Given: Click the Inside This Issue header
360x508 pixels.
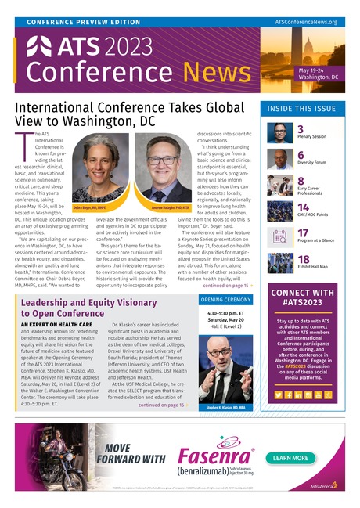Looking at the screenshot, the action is pyautogui.click(x=302, y=109).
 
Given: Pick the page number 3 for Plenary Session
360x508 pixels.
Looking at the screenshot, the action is pyautogui.click(x=301, y=128).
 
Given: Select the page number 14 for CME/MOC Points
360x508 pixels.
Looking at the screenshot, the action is pyautogui.click(x=303, y=207).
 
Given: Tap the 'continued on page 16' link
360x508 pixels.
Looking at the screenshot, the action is pyautogui.click(x=163, y=405).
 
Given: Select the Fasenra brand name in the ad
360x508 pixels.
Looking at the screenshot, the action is pyautogui.click(x=211, y=457).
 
